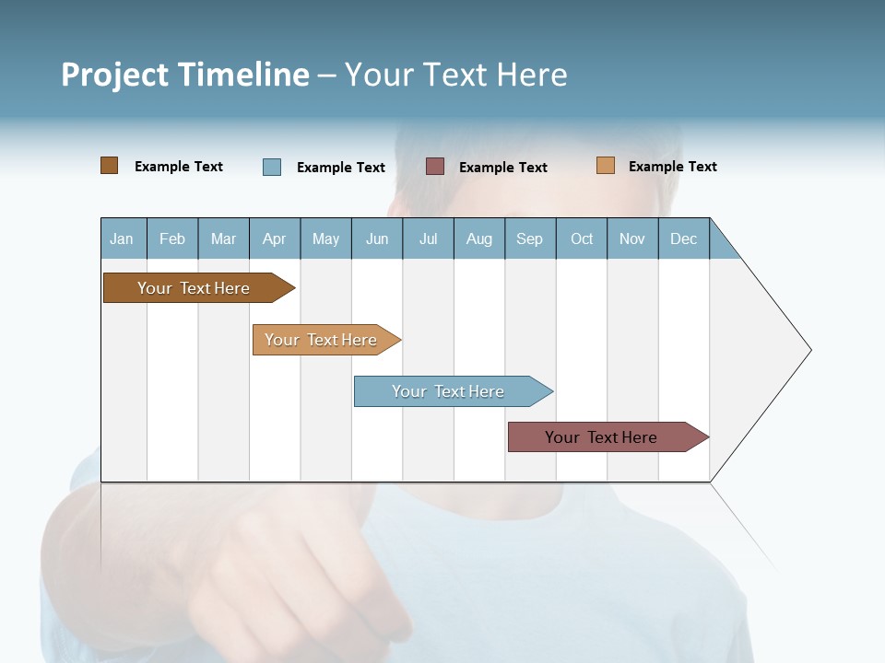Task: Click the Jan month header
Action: (122, 238)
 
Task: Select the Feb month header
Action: (172, 238)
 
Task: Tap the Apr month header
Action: (275, 238)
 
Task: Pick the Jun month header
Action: (377, 238)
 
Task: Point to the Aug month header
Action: (479, 238)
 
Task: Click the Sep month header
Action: (530, 238)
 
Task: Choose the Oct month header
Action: (582, 238)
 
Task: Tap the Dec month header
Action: (684, 238)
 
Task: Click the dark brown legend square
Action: (110, 166)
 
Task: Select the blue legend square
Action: (272, 167)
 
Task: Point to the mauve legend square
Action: (435, 167)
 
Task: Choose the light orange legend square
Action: (606, 166)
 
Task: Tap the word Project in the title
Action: (113, 75)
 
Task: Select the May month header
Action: (325, 238)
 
